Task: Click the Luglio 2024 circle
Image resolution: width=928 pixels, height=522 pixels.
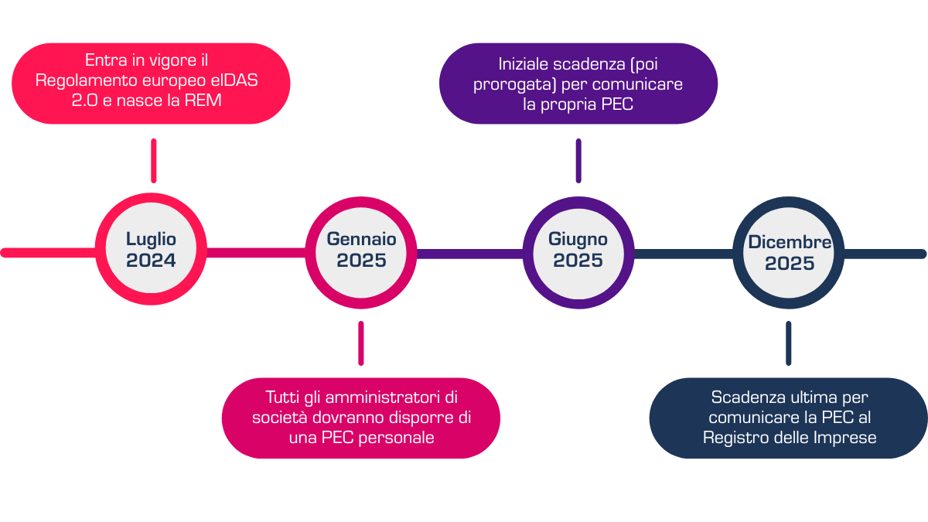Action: [152, 251]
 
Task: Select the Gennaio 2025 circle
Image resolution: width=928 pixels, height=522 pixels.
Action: [361, 251]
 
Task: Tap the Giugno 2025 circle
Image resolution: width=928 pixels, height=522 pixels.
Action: [578, 251]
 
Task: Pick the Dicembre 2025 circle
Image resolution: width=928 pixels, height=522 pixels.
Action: [790, 252]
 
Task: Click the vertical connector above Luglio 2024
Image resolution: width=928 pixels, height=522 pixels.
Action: [154, 160]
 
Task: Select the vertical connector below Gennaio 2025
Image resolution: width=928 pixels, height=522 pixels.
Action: [361, 343]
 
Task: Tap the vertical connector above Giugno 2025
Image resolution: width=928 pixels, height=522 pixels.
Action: [578, 160]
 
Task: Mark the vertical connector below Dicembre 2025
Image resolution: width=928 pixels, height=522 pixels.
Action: [789, 343]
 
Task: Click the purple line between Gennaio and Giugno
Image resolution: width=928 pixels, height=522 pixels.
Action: [469, 253]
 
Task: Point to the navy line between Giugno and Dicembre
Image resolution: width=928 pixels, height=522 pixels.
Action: [683, 253]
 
